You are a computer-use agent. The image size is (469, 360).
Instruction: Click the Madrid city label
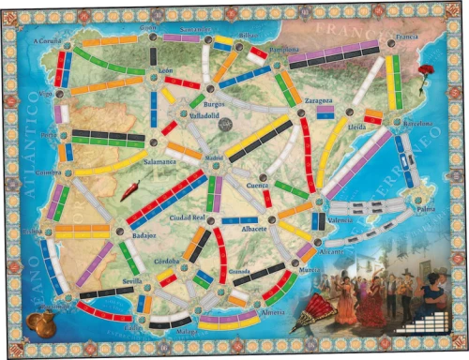click(215, 157)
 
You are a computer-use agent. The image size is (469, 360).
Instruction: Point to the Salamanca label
click(160, 161)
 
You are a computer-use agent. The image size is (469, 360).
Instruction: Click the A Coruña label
click(46, 41)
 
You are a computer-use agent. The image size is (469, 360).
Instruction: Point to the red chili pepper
click(130, 190)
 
